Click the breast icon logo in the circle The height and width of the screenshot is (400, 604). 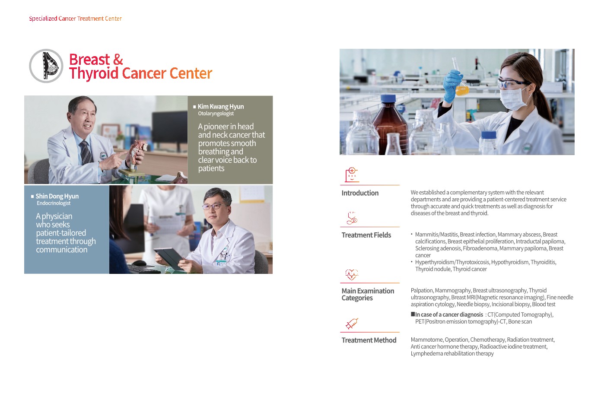click(46, 66)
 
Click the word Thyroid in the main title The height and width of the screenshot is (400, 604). click(94, 73)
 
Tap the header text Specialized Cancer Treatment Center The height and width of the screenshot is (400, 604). click(75, 19)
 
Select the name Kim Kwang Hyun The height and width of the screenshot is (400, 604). click(221, 106)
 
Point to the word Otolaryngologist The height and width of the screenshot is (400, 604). click(216, 114)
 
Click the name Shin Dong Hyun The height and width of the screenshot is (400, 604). click(57, 196)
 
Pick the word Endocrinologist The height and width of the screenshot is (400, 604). click(54, 203)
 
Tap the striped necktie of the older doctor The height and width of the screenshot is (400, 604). click(86, 152)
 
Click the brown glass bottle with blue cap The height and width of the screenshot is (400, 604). click(390, 124)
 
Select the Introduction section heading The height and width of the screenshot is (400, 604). click(360, 193)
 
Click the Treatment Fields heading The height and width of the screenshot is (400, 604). click(366, 235)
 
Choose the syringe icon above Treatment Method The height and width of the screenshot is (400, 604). click(352, 324)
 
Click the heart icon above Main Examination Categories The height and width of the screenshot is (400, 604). click(352, 274)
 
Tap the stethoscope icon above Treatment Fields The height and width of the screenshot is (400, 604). click(352, 218)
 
